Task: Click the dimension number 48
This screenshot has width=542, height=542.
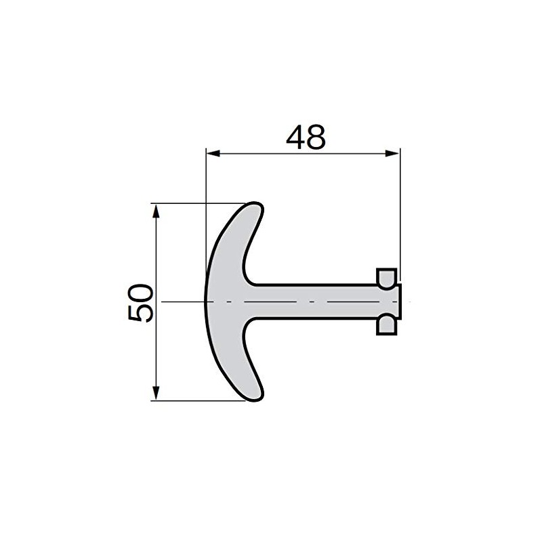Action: (306, 137)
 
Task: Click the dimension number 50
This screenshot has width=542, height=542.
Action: (140, 303)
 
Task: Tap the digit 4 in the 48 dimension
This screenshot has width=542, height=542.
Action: (295, 137)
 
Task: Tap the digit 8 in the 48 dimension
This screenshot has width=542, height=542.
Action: (316, 138)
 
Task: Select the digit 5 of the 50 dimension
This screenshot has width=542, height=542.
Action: (140, 313)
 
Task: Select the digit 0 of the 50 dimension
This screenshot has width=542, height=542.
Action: (140, 293)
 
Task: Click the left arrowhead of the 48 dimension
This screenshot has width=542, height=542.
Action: (213, 154)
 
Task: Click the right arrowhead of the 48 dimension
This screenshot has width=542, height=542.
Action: (393, 154)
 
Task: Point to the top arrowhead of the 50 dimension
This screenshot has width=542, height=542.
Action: (157, 211)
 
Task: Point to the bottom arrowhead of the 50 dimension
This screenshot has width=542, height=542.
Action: (157, 393)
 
